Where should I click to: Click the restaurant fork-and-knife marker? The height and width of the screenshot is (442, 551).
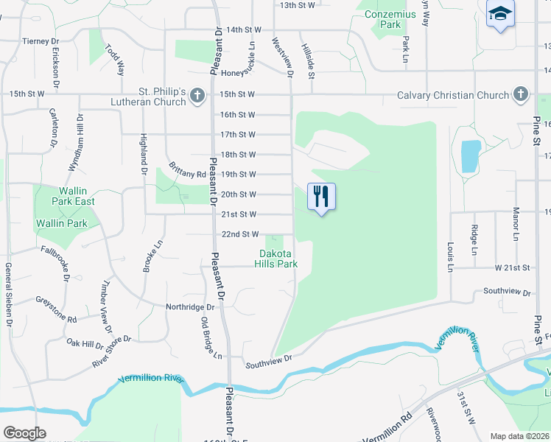(x=320, y=197)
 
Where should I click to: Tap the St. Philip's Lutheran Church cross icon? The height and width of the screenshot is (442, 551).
(x=197, y=95)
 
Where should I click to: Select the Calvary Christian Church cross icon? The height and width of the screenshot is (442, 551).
(x=520, y=94)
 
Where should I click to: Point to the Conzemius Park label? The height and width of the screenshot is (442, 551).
(x=382, y=18)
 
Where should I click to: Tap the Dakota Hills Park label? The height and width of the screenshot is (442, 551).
(x=278, y=259)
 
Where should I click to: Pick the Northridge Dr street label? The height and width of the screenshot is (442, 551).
(x=189, y=306)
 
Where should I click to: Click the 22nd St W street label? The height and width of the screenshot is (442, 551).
(x=239, y=234)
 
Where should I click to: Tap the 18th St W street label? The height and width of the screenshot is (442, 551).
(x=238, y=155)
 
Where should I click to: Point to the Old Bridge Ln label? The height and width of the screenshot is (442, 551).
(x=206, y=337)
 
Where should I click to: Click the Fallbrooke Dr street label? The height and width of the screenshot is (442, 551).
(x=55, y=263)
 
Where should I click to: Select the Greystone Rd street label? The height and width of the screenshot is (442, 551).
(x=56, y=310)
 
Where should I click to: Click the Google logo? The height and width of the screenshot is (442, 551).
(x=24, y=432)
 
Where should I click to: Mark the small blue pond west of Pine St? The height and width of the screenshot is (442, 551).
(x=471, y=156)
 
